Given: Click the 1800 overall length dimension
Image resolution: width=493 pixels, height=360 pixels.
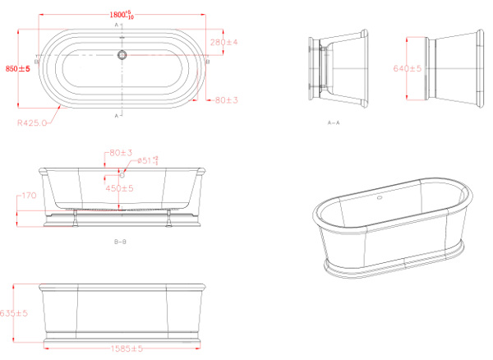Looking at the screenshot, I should click(x=123, y=13).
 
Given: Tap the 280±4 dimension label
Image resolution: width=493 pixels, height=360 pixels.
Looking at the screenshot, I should click(x=223, y=41).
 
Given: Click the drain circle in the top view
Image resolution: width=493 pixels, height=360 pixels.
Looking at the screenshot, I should click(x=122, y=56).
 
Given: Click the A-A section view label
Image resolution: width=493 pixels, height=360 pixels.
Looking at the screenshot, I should click(x=334, y=122).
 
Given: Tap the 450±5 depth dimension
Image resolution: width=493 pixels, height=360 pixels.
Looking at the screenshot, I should click(x=121, y=188).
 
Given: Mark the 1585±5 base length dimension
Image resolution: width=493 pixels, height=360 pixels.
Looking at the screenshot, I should click(x=126, y=348).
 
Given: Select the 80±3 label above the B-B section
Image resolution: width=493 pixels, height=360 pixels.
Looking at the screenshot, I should click(x=120, y=152).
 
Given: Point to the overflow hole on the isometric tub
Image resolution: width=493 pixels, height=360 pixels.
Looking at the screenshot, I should click(x=380, y=200).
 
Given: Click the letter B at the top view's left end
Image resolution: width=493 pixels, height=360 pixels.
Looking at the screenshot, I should click(x=37, y=62).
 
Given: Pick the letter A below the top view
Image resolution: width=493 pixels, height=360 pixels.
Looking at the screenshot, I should click(x=117, y=116).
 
